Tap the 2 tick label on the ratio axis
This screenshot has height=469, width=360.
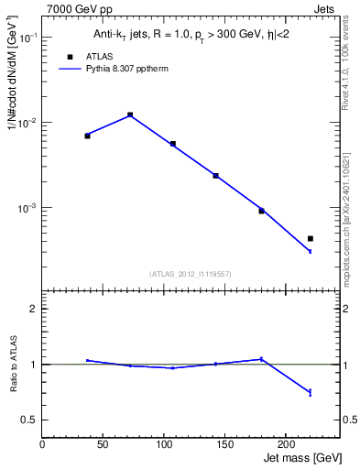pyautogui.click(x=33, y=309)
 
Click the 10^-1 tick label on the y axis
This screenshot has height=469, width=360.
pyautogui.click(x=27, y=38)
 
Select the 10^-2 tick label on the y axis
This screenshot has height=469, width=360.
pyautogui.click(x=27, y=123)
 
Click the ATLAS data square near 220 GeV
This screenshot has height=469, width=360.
pyautogui.click(x=311, y=238)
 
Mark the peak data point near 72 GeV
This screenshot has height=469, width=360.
pyautogui.click(x=130, y=115)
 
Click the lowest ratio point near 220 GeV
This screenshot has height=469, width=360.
pyautogui.click(x=311, y=392)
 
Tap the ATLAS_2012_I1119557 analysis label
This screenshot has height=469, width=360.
pyautogui.click(x=191, y=274)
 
